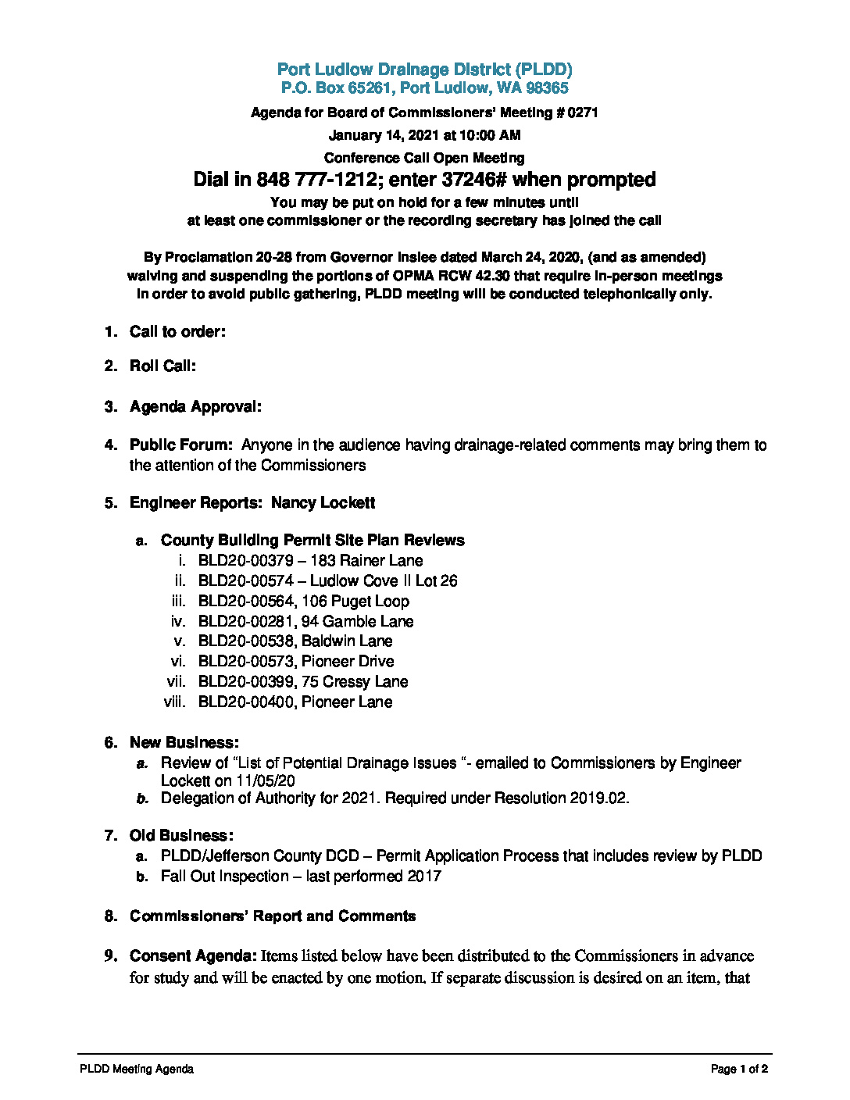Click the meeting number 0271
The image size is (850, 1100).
coord(582,112)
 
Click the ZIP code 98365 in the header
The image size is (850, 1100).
coord(548,88)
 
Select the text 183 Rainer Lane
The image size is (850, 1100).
coord(366,561)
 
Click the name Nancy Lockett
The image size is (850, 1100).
coord(323,503)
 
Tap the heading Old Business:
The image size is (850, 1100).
coord(181,836)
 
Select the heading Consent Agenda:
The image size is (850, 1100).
coord(193,956)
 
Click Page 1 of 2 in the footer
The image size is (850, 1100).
coord(739,1070)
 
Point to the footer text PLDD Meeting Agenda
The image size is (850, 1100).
coord(137,1070)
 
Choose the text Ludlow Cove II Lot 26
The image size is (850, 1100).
coord(384,581)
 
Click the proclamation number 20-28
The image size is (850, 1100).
coord(272,258)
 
